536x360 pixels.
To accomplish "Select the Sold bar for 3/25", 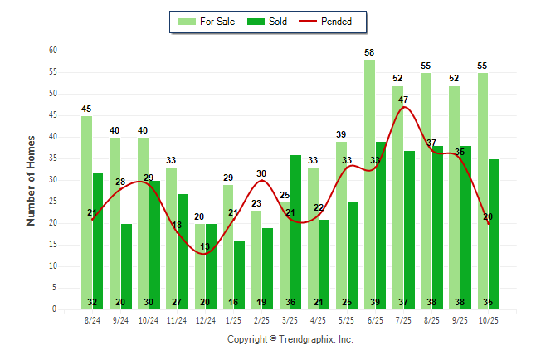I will (x=295, y=232).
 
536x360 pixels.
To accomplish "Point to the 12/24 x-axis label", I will (x=205, y=319).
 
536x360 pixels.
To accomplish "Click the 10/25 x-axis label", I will (x=488, y=319).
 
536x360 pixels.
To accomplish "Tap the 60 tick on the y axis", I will (x=52, y=51).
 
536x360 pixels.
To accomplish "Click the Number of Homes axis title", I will (x=32, y=180).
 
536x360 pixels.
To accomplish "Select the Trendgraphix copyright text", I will (x=290, y=339).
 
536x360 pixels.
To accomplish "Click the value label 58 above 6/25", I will (x=369, y=53).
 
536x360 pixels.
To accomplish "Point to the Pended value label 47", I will (x=403, y=100).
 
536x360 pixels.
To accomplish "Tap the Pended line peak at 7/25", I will (x=403, y=107).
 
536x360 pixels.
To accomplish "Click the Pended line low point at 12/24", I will (x=205, y=253).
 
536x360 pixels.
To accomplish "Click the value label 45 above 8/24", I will (x=86, y=109).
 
